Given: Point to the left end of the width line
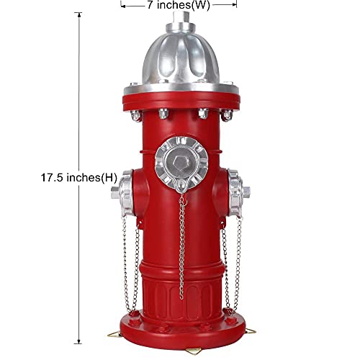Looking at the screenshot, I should click(122, 4).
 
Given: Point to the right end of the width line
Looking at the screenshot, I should click(236, 4).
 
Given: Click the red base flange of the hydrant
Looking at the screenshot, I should click(179, 330).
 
